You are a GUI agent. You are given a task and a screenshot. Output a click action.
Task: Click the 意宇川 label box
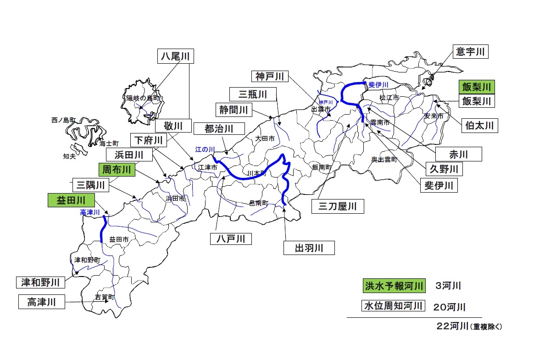470,52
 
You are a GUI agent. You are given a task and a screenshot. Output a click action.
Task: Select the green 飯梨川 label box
477,86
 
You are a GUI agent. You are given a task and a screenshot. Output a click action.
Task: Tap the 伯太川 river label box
479,125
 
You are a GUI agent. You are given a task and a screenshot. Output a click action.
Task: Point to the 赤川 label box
458,154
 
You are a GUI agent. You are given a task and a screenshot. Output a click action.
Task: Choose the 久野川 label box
444,169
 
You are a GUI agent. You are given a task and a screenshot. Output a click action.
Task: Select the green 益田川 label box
71,200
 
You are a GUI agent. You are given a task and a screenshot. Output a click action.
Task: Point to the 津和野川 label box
40,282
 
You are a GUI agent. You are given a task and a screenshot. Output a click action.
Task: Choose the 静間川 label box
234,110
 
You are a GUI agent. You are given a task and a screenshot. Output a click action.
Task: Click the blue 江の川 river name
205,150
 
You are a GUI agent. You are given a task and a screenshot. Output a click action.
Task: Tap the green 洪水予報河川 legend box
394,286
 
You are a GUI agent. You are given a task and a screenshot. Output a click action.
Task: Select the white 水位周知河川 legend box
393,306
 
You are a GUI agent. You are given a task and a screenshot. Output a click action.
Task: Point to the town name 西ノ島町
63,120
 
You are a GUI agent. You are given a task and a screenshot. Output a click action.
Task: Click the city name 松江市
389,98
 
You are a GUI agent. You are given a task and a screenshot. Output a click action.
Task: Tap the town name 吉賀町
104,297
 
